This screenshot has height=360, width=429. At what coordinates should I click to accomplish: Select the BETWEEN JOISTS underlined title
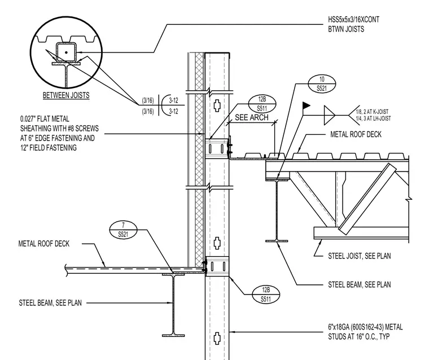click(66, 95)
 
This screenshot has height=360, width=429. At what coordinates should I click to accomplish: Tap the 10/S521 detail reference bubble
click(322, 84)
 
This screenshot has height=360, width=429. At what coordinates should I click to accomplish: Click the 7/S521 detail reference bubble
click(123, 230)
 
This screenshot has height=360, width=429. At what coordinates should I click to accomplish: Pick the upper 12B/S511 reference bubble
click(262, 104)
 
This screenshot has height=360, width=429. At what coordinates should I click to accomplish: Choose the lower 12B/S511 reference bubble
click(266, 295)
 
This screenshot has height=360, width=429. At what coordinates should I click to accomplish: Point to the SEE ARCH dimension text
click(251, 117)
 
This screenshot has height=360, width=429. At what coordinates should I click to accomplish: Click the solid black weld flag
click(307, 106)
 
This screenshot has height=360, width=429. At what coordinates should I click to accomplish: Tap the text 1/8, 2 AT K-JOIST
click(372, 112)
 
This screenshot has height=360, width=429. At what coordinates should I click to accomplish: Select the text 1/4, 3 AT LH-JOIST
click(373, 118)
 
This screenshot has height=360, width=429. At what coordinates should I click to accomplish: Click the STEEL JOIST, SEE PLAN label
click(359, 256)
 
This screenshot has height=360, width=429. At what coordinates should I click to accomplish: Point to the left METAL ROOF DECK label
click(44, 244)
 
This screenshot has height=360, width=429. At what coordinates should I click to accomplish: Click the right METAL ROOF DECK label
click(356, 134)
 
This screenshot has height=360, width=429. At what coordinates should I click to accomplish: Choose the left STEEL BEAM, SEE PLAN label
click(50, 303)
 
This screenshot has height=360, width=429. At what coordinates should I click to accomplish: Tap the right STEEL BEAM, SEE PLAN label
click(359, 284)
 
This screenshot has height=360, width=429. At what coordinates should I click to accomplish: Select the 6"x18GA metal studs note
click(365, 332)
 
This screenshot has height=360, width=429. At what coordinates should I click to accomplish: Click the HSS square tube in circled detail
click(66, 52)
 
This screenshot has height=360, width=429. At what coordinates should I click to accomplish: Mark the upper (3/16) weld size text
click(148, 100)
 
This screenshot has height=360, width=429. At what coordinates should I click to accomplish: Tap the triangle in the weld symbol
click(329, 115)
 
